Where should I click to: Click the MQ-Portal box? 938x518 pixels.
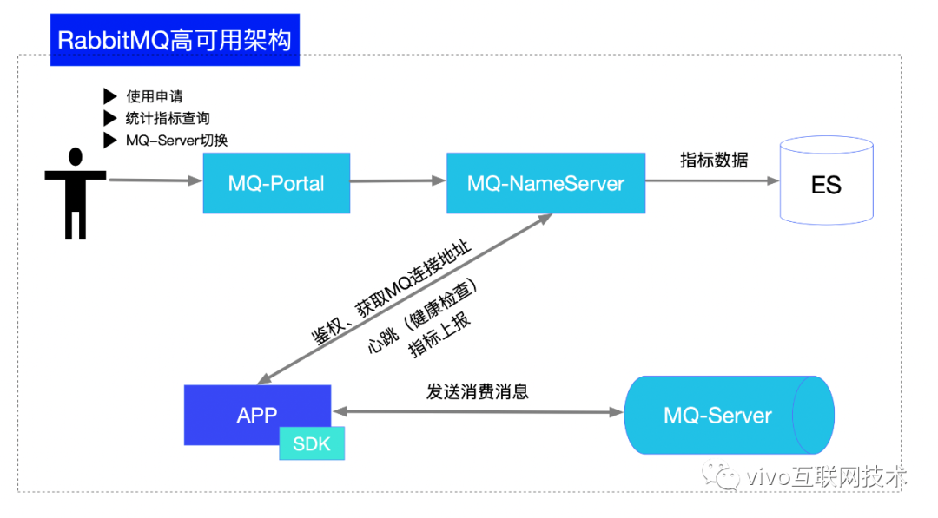pos(276,183)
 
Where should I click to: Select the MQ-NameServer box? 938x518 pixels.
pos(545,183)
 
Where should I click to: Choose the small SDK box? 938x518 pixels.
pos(312,443)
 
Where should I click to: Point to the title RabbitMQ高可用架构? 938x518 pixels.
pos(174,40)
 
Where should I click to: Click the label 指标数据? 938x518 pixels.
pos(713,160)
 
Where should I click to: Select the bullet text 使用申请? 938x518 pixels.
pos(155,96)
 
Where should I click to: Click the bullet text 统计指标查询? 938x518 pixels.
pos(168,118)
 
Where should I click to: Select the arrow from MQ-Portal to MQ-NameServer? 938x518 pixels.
pos(398,180)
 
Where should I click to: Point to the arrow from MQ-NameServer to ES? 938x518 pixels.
pos(712,180)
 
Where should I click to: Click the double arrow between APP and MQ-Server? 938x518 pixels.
pos(478,412)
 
